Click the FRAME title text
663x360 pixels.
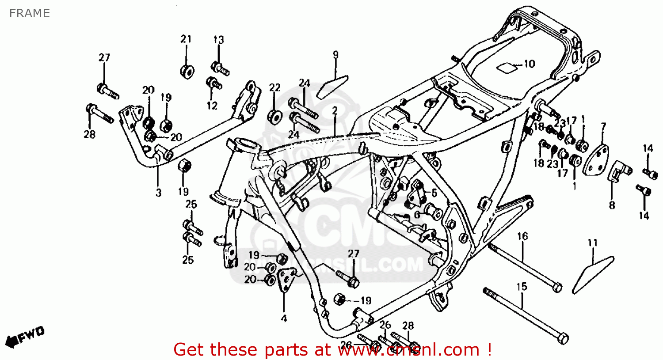point(29,13)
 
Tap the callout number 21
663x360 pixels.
point(186,39)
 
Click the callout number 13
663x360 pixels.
point(218,40)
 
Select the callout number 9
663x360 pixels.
point(335,55)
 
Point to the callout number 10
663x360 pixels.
point(529,64)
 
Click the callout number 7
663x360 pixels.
point(603,128)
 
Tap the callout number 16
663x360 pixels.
point(522,236)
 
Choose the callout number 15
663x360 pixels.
point(522,287)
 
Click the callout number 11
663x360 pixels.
point(592,243)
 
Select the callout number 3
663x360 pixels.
point(158,193)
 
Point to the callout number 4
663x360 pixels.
point(284,318)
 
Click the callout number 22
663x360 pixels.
point(274,87)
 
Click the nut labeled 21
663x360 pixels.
point(187,71)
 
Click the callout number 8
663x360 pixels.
point(612,205)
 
